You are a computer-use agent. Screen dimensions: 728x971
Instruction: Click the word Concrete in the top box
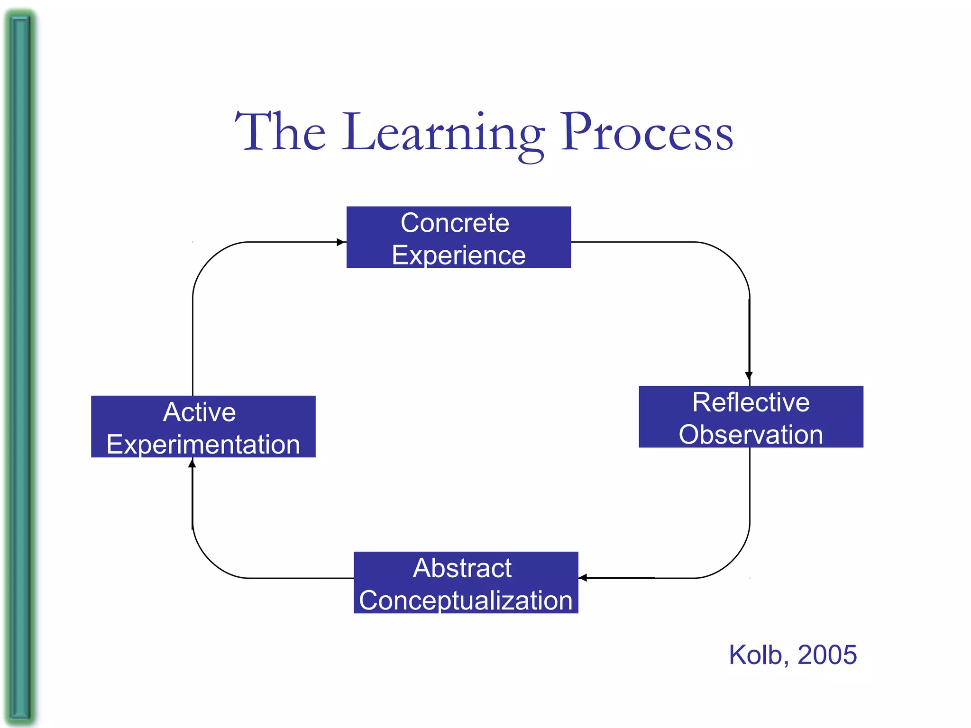click(455, 223)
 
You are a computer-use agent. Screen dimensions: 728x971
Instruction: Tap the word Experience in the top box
click(458, 255)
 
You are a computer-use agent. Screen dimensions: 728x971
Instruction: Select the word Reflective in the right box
click(751, 402)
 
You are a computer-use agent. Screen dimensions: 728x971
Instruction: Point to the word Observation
click(751, 435)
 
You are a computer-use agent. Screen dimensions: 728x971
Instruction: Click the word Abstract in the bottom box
click(462, 568)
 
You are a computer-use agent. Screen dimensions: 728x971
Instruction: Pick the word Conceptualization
click(466, 600)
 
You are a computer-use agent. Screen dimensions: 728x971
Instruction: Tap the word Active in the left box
click(199, 412)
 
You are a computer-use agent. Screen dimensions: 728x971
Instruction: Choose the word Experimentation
click(203, 445)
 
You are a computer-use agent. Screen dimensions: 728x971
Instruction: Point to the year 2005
click(827, 655)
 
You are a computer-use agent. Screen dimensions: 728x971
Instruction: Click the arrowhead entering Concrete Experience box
click(341, 242)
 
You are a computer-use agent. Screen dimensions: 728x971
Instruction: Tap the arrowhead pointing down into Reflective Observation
click(749, 377)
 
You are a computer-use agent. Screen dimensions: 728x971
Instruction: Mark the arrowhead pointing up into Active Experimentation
click(192, 464)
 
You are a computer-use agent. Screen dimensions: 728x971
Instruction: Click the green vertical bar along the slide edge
click(20, 364)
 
